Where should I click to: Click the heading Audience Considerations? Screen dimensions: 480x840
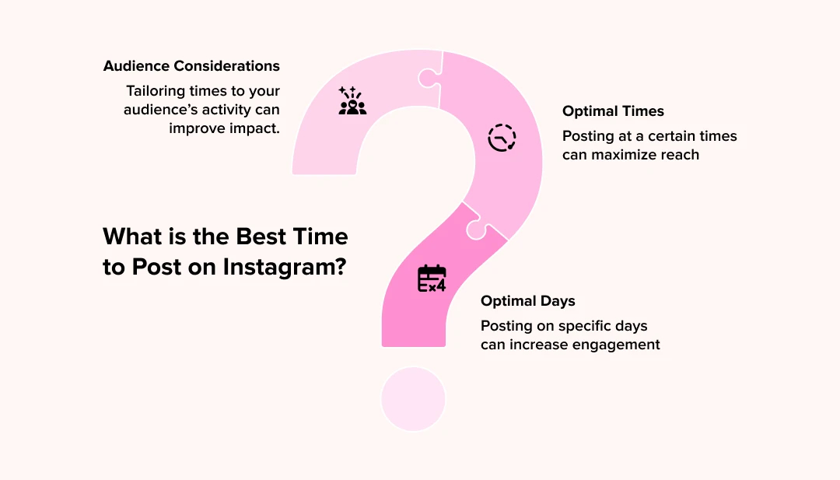[191, 66]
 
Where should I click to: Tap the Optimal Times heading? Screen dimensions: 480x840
[613, 111]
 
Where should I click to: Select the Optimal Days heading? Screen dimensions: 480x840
[528, 301]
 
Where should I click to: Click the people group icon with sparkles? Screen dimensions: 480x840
[352, 101]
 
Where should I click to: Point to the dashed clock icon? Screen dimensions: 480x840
[502, 138]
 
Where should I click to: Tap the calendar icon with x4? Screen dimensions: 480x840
[432, 279]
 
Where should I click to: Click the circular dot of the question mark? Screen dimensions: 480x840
[413, 398]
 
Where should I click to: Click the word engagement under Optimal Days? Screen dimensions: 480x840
[613, 345]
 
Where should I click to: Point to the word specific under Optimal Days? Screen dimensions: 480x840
[578, 325]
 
